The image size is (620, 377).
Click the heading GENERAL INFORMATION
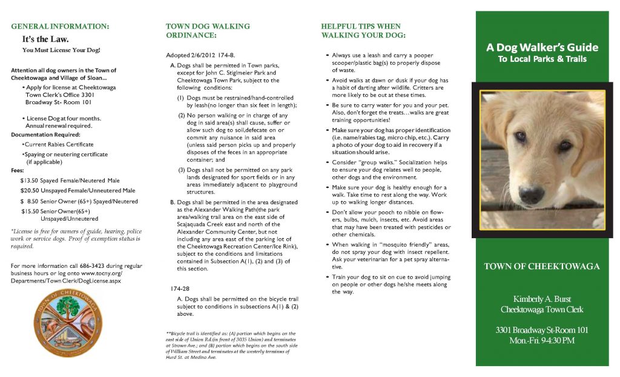point(61,27)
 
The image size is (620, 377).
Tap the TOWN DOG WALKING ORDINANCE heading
point(208,31)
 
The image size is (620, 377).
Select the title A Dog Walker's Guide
point(542,47)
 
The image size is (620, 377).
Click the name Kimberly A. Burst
point(542,299)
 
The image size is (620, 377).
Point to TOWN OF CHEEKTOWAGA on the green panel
point(542,267)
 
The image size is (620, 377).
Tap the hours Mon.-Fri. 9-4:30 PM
point(542,341)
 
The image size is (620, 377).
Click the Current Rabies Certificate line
point(58,144)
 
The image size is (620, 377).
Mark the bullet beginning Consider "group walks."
point(391,166)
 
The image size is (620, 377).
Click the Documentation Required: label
point(45,134)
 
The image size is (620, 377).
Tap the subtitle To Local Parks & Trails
point(542,59)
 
